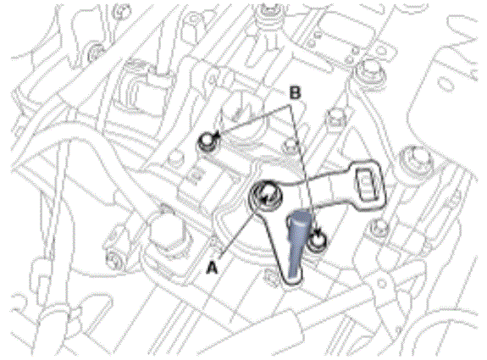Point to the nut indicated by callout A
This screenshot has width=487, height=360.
264,197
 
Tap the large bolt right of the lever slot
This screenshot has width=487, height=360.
414,161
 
